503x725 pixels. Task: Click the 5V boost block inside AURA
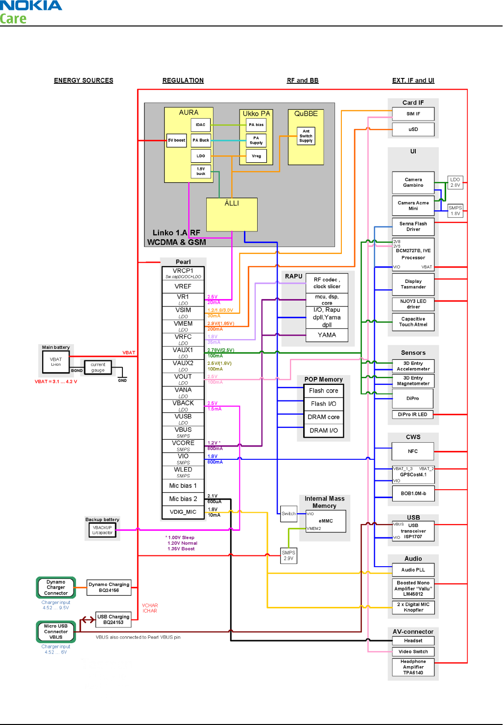[x=176, y=140]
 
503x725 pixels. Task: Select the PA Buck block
[x=201, y=140]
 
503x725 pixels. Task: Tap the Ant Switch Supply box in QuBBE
[x=306, y=136]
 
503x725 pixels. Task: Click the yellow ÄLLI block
[x=232, y=214]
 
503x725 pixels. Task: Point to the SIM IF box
[x=413, y=114]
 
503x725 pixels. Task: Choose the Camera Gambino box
[x=413, y=182]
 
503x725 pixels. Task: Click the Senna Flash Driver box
[x=413, y=226]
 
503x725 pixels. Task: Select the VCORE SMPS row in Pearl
[x=183, y=446]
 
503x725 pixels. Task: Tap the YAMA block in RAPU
[x=327, y=335]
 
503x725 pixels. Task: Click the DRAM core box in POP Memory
[x=323, y=417]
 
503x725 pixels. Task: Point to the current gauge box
[x=98, y=367]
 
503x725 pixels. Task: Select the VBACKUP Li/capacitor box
[x=102, y=530]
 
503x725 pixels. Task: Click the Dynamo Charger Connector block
[x=56, y=587]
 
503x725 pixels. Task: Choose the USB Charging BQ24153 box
[x=113, y=620]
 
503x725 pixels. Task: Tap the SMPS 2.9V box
[x=288, y=555]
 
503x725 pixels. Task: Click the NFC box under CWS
[x=413, y=451]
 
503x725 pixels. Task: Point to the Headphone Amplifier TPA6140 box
[x=413, y=667]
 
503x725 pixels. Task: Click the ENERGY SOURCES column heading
[x=84, y=80]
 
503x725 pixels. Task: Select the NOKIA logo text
[x=31, y=6]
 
